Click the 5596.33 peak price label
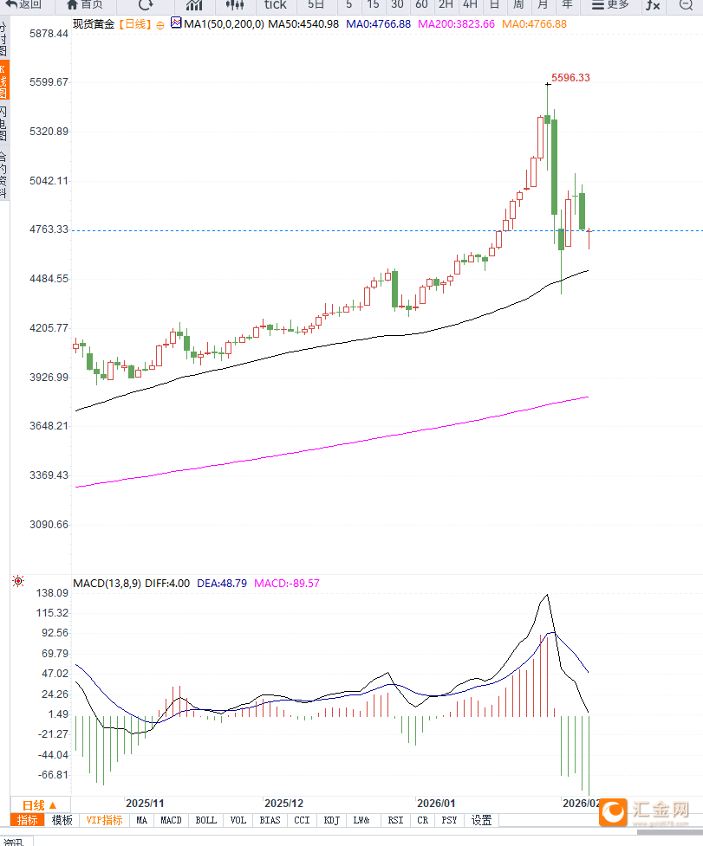coord(570,78)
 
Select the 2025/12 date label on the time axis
coord(283,804)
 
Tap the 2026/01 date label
coord(435,804)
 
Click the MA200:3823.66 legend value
coord(456,23)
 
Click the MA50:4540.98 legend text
coord(303,23)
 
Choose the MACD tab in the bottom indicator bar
coord(171,820)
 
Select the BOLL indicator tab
coord(205,820)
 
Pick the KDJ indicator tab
coord(331,820)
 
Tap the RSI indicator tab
coord(395,820)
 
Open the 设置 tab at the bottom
coord(481,820)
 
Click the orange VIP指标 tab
coord(103,820)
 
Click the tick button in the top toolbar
coord(275,4)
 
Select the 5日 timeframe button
coord(317,4)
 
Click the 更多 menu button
coord(610,4)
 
